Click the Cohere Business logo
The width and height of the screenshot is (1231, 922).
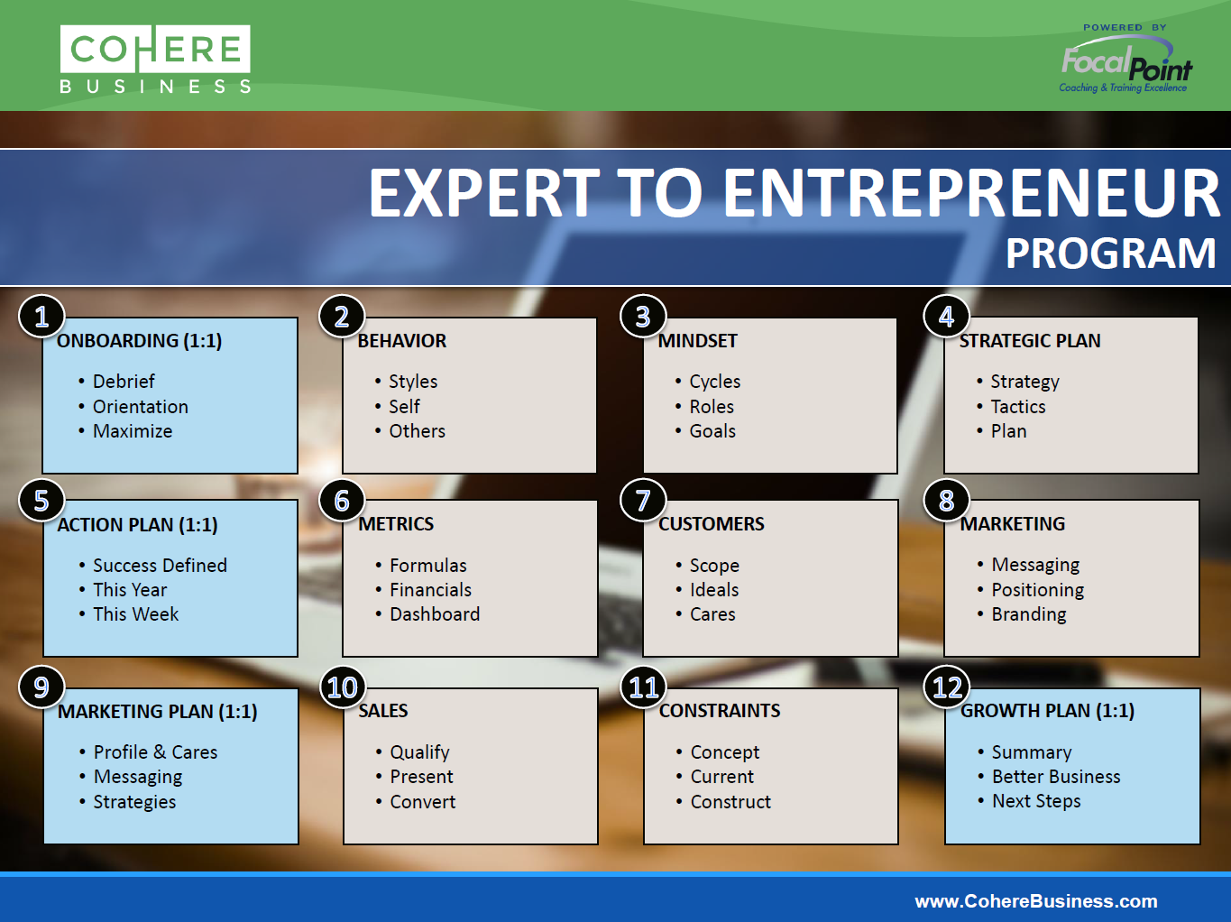[x=155, y=59]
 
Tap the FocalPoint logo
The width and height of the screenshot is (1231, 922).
[x=1126, y=59]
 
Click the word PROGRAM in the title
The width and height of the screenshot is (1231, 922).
[x=1110, y=254]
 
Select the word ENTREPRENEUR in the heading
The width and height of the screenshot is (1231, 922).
[x=971, y=193]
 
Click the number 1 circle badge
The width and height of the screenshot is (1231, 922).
[x=41, y=317]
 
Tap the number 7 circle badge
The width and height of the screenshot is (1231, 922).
[x=643, y=501]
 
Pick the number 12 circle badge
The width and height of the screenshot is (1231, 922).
[x=947, y=687]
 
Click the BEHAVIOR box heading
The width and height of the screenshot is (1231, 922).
[x=402, y=341]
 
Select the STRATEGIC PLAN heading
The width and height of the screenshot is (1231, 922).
[x=1030, y=341]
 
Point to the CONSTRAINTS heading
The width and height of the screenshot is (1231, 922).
[x=720, y=711]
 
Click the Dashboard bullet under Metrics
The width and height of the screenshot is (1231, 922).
[x=435, y=614]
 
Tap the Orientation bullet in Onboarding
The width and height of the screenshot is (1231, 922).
[x=140, y=407]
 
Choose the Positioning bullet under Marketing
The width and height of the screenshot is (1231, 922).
[x=1037, y=590]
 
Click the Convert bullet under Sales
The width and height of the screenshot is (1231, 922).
[x=422, y=801]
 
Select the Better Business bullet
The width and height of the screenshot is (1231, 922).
[x=1056, y=777]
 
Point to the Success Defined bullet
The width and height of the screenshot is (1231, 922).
[x=160, y=566]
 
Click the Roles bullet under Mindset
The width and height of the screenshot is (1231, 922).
[x=712, y=407]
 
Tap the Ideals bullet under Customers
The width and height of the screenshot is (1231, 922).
[x=714, y=590]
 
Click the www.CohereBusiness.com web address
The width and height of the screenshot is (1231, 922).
[x=1036, y=900]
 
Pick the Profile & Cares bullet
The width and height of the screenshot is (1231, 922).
[x=155, y=752]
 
